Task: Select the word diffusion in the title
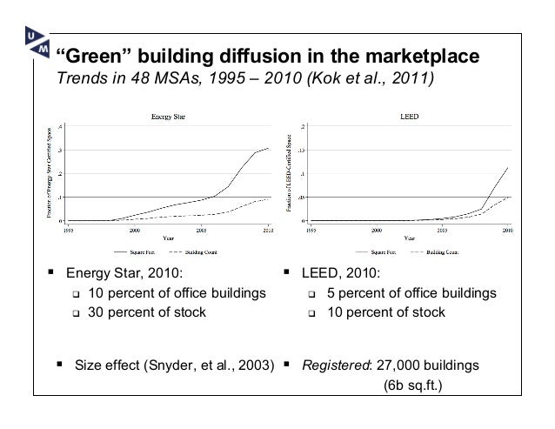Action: tap(248, 58)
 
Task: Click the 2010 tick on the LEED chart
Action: tap(508, 231)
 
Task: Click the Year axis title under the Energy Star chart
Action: tap(164, 239)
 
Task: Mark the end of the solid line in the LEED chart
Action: tap(508, 167)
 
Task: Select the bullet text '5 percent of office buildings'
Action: tap(411, 292)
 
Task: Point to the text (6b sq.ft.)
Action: tap(412, 384)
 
